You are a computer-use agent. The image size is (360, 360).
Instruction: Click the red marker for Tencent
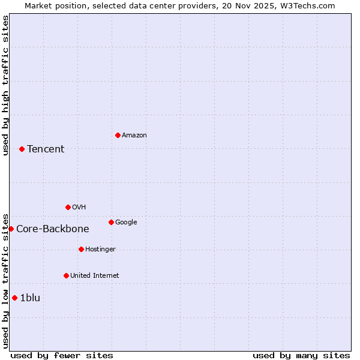coord(22,149)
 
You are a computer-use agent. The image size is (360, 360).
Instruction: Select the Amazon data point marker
coord(118,135)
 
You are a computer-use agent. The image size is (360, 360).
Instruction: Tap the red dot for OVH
coord(68,207)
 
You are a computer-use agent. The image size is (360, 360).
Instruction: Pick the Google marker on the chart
coord(111,222)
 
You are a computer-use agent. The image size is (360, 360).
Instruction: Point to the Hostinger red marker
coord(81,249)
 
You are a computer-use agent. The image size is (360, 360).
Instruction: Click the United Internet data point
coord(66,275)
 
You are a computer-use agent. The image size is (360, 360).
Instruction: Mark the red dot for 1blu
coord(14,298)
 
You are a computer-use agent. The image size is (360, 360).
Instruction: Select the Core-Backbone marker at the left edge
coord(11,229)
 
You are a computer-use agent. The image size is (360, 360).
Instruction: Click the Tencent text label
coord(46,149)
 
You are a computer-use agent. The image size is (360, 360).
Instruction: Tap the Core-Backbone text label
coord(53,229)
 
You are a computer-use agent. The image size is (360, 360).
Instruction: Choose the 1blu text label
coord(30,298)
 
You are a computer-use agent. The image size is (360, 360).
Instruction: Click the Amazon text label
coord(134,136)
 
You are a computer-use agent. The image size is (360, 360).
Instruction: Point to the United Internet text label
coord(95,276)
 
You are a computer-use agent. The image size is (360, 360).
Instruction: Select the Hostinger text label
coord(100,250)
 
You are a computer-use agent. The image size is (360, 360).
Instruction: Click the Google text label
coord(126,223)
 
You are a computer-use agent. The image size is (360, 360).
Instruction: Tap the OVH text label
coord(79,208)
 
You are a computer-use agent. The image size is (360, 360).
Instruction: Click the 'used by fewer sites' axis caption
coord(62,355)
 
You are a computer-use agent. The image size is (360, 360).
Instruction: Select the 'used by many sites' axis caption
coord(301,355)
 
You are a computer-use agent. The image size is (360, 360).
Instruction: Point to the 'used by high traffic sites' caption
coord(6,85)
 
